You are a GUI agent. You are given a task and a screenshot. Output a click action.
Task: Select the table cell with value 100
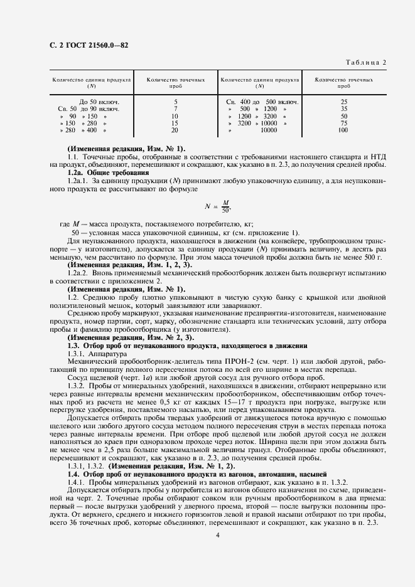343,130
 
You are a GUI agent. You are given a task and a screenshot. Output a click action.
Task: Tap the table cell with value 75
343,124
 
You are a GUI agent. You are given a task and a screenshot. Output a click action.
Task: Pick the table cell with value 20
175,130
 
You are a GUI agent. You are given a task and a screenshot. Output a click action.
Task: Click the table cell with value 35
343,108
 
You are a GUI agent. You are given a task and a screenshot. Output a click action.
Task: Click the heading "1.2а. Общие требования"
107,172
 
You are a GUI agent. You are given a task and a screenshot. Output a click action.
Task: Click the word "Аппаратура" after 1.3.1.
109,353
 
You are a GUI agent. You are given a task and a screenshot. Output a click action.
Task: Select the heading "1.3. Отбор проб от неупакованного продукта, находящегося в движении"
187,346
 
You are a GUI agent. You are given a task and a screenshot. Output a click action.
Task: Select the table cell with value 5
175,102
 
